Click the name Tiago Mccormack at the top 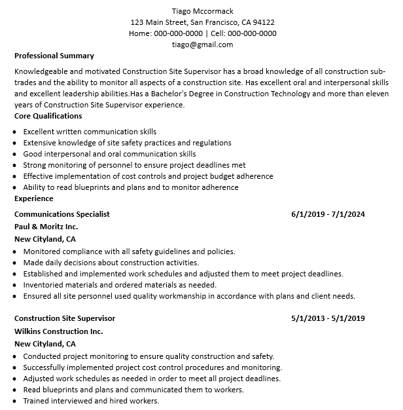[x=202, y=11]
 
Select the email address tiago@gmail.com [x=202, y=45]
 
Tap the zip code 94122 [x=263, y=22]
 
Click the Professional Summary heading [x=54, y=56]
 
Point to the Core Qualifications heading [x=48, y=116]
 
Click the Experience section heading [x=34, y=198]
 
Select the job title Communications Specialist [x=62, y=214]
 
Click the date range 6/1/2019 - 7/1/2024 [x=328, y=214]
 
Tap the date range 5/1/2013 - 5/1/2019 [x=328, y=318]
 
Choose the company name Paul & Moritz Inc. [x=46, y=227]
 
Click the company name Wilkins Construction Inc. [x=59, y=331]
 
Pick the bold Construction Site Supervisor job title [x=65, y=318]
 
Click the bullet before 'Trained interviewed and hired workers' [x=16, y=401]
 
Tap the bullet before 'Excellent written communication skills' [x=16, y=132]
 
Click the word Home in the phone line [x=139, y=33]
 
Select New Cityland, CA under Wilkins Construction [x=45, y=344]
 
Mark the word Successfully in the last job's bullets [x=48, y=367]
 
